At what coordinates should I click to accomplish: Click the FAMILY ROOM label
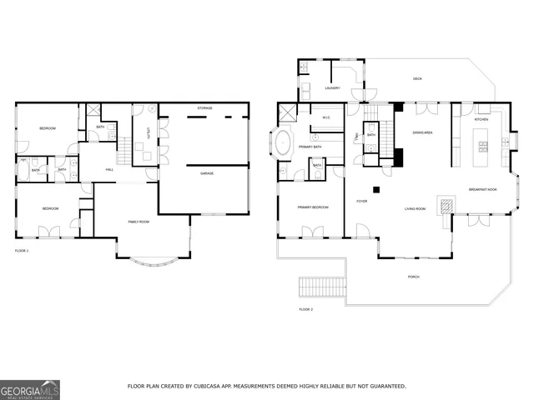tap(139, 222)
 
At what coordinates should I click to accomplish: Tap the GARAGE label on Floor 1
tap(206, 173)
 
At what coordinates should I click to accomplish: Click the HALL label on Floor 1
tap(109, 170)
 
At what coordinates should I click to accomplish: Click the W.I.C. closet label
tap(327, 117)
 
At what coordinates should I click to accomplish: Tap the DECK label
tap(417, 79)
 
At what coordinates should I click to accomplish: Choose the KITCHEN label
tap(481, 120)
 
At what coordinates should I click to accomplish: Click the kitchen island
tap(481, 152)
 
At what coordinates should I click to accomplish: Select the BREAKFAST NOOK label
tap(483, 188)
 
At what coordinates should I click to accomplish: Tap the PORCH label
tap(414, 277)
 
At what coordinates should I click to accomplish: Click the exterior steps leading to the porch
tap(322, 287)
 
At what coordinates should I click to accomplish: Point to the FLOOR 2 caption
tap(305, 309)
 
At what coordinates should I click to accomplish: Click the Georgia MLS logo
tap(30, 389)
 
